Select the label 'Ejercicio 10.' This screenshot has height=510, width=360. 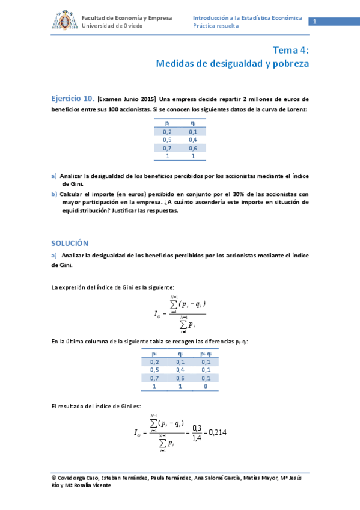click(x=73, y=98)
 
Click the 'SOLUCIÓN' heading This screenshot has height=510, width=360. click(x=70, y=243)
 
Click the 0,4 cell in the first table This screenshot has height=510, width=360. click(x=193, y=140)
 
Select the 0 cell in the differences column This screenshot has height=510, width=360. click(x=206, y=387)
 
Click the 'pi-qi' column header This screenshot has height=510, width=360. click(x=206, y=354)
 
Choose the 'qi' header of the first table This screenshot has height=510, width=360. click(x=192, y=123)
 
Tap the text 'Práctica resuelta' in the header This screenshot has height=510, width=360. click(x=216, y=26)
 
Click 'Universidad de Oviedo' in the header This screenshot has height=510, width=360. click(x=112, y=26)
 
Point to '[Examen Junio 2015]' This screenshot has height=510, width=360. click(x=127, y=99)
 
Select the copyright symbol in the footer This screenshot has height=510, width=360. click(x=55, y=478)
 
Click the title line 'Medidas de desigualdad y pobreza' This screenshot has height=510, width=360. click(x=232, y=63)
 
